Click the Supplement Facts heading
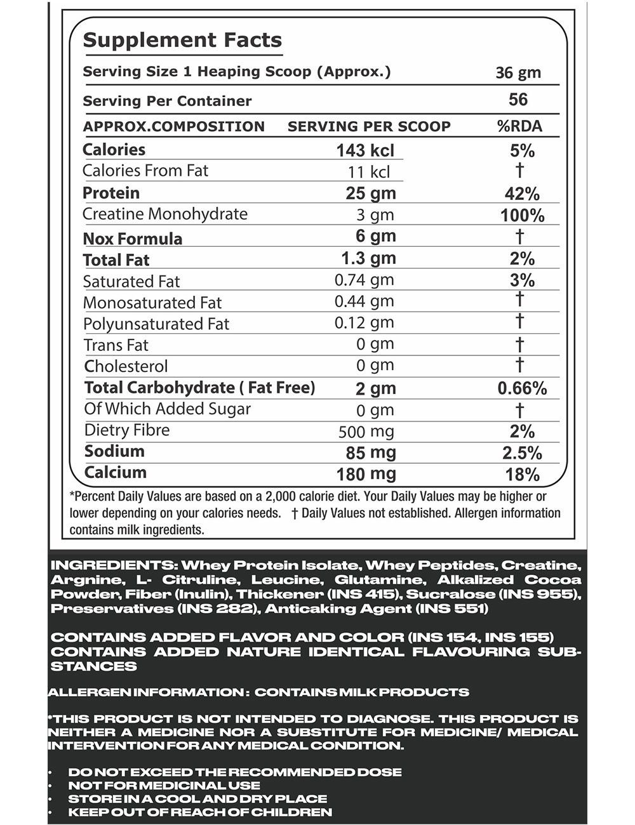point(182,40)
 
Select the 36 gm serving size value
point(518,72)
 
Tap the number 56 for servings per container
point(518,100)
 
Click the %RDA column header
point(519,126)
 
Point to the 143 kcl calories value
point(365,150)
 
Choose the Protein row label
point(111,193)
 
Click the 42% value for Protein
point(521,194)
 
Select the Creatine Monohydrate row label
point(165,214)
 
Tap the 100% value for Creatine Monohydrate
point(522,215)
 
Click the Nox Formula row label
point(133,239)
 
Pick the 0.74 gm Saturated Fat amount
point(364,280)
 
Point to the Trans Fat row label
point(116,345)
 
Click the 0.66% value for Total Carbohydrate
point(521,388)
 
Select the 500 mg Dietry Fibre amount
point(366,432)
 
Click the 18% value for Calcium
point(521,475)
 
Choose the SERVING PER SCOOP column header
point(369,126)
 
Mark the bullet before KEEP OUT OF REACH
point(51,812)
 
